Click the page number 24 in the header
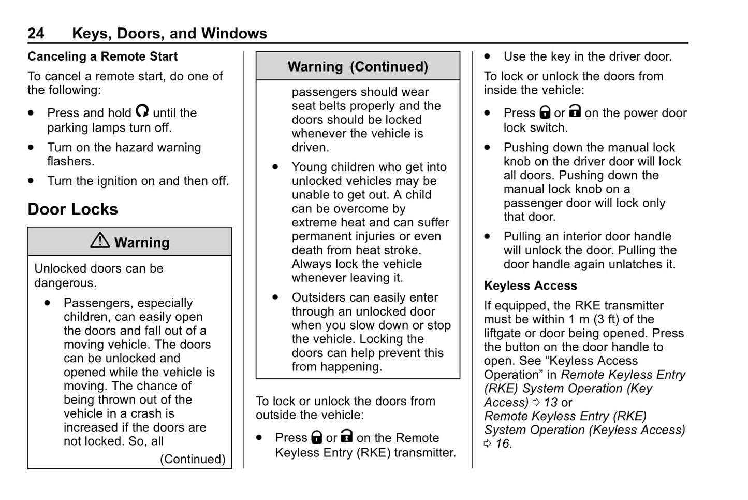point(36,34)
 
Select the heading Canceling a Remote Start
point(102,56)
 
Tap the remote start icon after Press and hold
point(142,111)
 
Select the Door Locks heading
point(73,209)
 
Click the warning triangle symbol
point(100,240)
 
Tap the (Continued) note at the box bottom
point(193,459)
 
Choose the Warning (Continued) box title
point(358,67)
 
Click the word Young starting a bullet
point(310,167)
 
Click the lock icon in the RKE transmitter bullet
point(316,437)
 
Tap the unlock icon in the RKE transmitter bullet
point(347,436)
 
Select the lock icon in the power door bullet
point(545,112)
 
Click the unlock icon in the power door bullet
point(575,111)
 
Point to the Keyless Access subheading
point(530,286)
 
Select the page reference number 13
point(551,403)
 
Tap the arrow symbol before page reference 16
point(488,444)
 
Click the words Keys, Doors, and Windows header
point(169,34)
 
